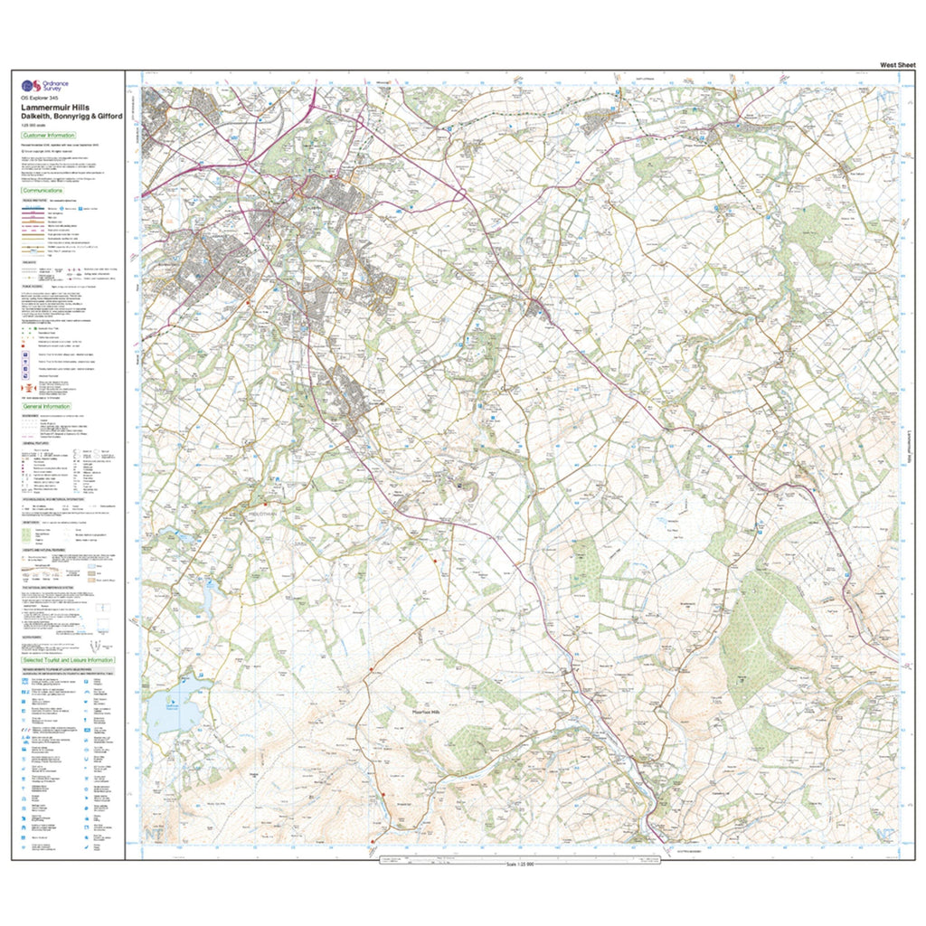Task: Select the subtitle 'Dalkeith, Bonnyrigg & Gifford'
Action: [71, 116]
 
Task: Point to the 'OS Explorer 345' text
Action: [40, 98]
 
